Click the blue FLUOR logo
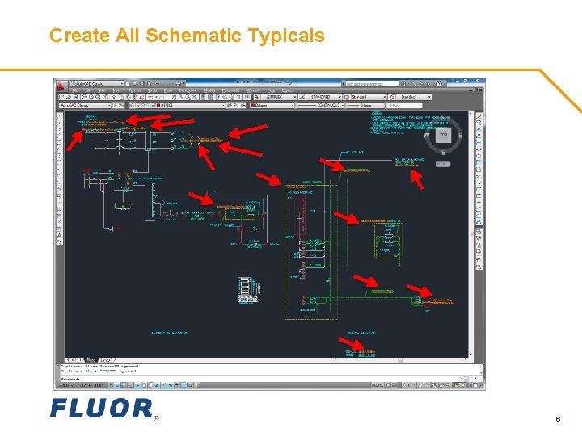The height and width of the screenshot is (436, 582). pos(101,408)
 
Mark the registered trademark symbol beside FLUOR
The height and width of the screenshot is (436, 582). pos(156,418)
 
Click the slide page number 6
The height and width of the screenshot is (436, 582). pos(558,419)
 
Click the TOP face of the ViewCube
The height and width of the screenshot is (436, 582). pos(442,136)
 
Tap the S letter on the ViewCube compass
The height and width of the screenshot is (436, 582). pos(442,152)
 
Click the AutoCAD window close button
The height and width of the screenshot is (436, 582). pos(480,82)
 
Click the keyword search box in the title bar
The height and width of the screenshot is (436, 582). pos(375,82)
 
